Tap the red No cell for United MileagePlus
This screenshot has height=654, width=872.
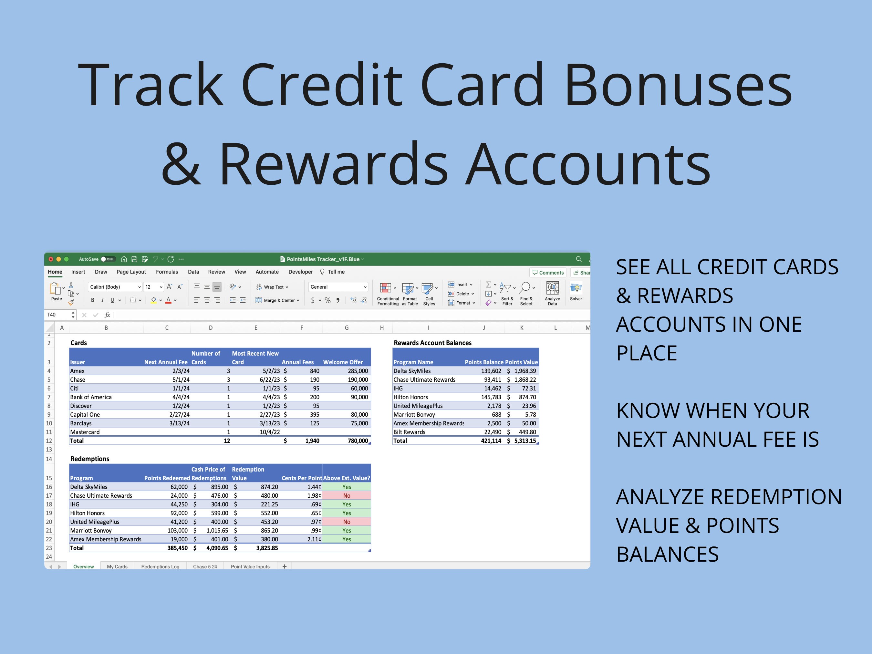[347, 522]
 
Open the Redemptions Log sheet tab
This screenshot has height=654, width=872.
[160, 566]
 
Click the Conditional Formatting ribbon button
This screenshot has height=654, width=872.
[388, 294]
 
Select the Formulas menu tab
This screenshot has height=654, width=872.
[167, 272]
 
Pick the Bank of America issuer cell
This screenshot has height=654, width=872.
[91, 397]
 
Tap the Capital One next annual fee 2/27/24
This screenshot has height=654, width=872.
[179, 415]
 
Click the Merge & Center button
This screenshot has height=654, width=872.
[277, 300]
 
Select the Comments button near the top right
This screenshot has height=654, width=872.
[548, 272]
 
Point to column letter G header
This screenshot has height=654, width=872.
[347, 327]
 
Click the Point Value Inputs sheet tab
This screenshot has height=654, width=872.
[250, 566]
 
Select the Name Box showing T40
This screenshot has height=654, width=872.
[57, 315]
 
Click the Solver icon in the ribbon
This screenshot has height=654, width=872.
[576, 291]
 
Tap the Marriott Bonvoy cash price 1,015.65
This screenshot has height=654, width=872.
[217, 531]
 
